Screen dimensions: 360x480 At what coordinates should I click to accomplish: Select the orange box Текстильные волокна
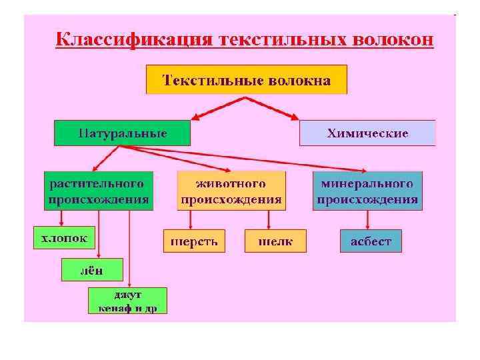tap(247, 79)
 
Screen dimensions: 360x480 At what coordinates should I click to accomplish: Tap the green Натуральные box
tap(122, 133)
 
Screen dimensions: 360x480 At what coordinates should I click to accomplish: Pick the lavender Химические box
tap(367, 133)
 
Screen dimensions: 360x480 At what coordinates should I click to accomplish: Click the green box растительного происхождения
tap(99, 191)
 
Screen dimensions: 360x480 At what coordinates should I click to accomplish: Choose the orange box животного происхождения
tap(231, 191)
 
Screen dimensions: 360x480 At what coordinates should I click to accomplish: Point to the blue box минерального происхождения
tap(367, 191)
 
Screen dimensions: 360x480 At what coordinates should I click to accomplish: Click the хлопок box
tap(64, 237)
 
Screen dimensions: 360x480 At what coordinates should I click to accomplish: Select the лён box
tap(92, 270)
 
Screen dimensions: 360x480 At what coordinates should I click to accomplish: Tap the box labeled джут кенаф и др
tap(127, 301)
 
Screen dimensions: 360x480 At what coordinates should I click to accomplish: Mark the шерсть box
tap(195, 241)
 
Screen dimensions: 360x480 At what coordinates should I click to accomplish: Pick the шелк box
tap(275, 241)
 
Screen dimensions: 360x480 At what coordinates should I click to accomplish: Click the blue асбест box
tap(371, 241)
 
